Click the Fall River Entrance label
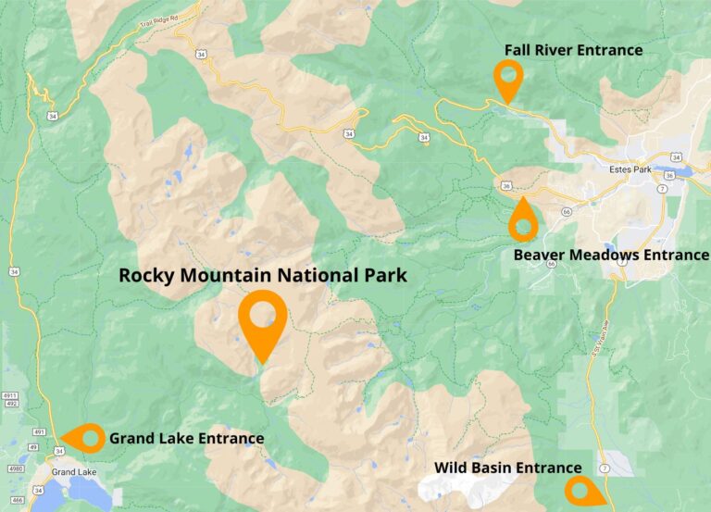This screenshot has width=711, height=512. (573, 50)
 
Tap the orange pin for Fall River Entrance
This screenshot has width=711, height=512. (507, 79)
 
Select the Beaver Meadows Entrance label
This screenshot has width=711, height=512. (610, 255)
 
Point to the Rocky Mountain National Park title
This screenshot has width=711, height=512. (263, 275)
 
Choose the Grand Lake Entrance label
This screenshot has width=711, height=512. (186, 438)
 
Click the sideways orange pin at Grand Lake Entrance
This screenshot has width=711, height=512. (85, 438)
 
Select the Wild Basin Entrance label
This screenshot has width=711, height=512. (508, 468)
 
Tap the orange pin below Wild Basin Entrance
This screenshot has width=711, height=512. (581, 491)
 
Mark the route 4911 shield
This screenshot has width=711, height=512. (10, 395)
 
